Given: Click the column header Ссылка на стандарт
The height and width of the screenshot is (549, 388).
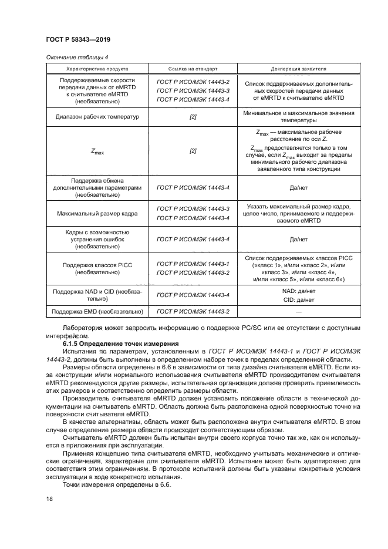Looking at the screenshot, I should point(193,68).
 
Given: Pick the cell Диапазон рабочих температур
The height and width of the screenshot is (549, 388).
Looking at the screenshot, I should point(97,117).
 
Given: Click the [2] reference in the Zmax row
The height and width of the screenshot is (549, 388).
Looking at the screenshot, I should point(193,150).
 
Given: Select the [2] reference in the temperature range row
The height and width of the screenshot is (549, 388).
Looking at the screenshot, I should point(193,117).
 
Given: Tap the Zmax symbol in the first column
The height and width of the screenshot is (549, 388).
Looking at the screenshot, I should point(97,151).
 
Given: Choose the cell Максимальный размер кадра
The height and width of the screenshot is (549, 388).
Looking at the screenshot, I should point(97,214).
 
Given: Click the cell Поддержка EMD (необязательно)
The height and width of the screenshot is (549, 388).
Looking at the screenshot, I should point(97,311).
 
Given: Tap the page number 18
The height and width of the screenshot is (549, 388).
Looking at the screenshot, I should point(49,499).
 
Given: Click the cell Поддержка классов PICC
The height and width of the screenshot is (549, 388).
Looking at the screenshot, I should point(97,265).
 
